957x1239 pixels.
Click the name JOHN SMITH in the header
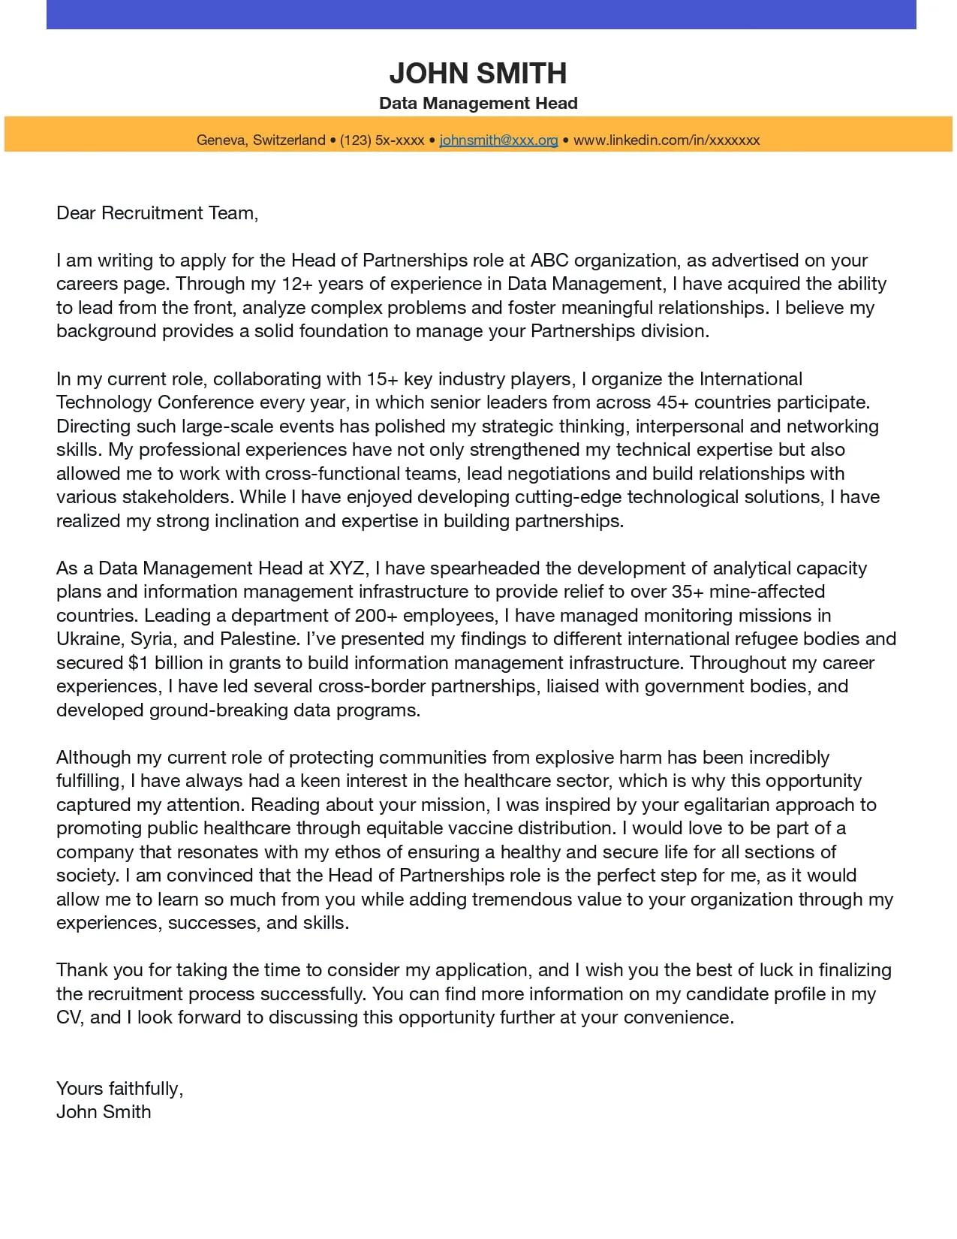click(478, 73)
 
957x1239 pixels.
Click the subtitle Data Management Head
click(478, 103)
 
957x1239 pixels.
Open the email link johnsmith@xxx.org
click(498, 140)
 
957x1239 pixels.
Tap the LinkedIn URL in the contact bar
click(667, 140)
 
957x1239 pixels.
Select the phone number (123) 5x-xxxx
click(382, 140)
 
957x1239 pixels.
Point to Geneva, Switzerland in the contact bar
click(260, 140)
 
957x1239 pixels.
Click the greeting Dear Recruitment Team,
click(157, 213)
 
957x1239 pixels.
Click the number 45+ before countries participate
click(672, 402)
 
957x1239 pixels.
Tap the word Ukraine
click(89, 639)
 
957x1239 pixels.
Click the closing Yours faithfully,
click(119, 1088)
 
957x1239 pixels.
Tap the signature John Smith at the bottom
click(104, 1111)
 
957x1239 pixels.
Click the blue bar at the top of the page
click(480, 14)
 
